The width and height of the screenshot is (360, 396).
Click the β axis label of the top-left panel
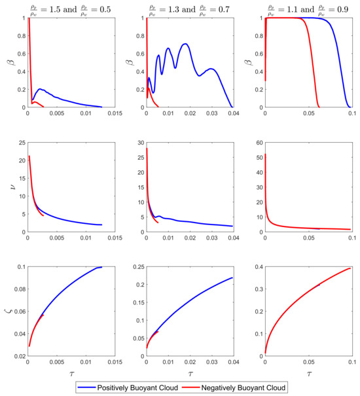10,63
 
